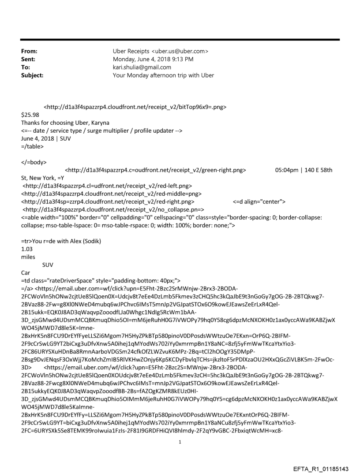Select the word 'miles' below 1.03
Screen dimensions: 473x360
[29, 249]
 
